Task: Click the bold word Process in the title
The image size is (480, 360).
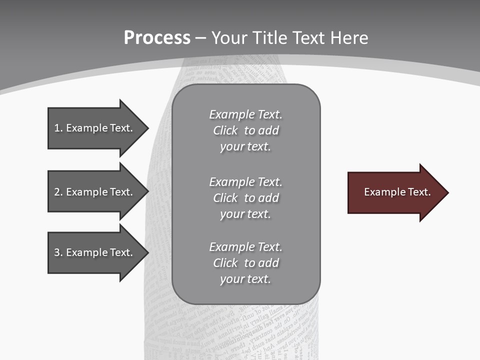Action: tap(157, 38)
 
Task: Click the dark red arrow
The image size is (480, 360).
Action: tap(395, 192)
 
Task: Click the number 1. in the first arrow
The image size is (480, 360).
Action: tap(58, 128)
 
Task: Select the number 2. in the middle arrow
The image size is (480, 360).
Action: tap(58, 192)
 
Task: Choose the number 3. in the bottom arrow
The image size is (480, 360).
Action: tap(58, 252)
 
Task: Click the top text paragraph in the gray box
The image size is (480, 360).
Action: tap(246, 130)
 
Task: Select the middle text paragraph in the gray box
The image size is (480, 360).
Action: tap(246, 198)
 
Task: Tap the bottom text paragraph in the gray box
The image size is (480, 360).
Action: tap(246, 263)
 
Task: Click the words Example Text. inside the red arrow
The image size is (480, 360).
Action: tap(397, 192)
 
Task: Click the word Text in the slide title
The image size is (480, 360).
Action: tap(308, 38)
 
